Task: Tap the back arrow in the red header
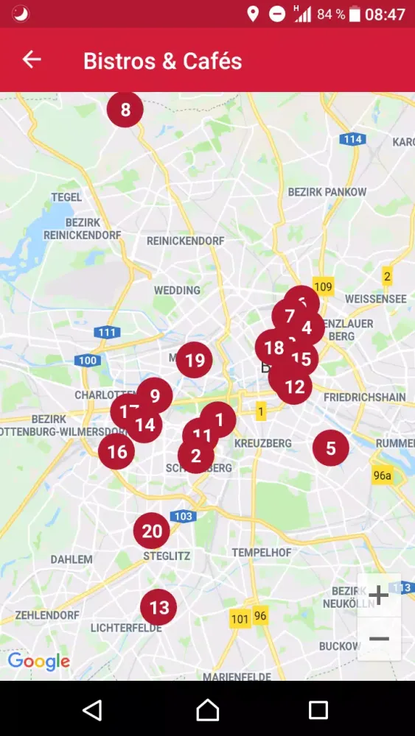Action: point(32,60)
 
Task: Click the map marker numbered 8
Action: point(125,110)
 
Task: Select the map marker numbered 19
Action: point(195,360)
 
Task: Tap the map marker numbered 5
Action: point(331,447)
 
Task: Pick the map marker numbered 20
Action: point(152,531)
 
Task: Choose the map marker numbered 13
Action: point(159,607)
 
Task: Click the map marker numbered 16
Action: point(116,451)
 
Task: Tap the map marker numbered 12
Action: point(295,387)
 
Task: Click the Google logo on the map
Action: point(38,661)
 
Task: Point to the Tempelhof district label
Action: point(262,552)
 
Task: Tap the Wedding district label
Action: point(177,290)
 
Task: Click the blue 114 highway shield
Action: point(353,139)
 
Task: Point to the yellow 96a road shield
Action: point(382,475)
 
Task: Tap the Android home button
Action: point(208,710)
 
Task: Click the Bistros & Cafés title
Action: point(163,60)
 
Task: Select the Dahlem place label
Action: point(72,559)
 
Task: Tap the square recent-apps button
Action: point(318,710)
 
